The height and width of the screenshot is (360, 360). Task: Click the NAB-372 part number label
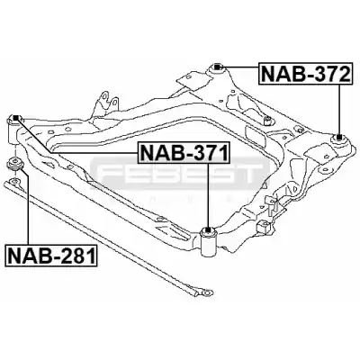point(305,74)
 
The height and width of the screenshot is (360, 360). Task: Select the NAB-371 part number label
point(184,153)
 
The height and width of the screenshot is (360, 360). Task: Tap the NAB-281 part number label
point(51,256)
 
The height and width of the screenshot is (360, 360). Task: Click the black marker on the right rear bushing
point(339,138)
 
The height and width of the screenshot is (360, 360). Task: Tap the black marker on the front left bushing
point(16,117)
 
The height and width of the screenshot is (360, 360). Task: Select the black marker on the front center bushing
point(207,229)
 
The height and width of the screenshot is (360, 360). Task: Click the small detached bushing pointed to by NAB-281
point(13,164)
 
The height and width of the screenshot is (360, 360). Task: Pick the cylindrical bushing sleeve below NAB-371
point(209,242)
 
